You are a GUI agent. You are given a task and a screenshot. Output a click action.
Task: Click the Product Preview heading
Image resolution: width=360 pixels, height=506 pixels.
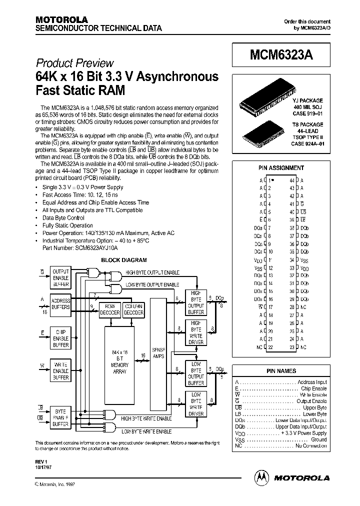[74, 63]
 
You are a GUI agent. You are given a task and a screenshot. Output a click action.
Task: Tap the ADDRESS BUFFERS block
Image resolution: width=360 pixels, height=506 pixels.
[61, 304]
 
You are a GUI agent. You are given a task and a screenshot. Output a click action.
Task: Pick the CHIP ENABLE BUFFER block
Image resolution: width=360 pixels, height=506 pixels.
[61, 338]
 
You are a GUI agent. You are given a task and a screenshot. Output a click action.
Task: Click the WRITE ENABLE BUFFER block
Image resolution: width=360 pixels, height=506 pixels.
[61, 371]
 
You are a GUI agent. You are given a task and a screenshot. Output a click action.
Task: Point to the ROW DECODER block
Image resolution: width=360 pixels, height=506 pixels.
[109, 309]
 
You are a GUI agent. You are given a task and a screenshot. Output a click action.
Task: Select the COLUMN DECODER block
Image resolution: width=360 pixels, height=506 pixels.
[134, 309]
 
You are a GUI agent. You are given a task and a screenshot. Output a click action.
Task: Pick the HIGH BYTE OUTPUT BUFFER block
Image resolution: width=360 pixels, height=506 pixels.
[196, 302]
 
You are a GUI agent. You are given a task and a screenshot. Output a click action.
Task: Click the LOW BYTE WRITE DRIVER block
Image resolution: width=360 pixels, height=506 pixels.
[196, 404]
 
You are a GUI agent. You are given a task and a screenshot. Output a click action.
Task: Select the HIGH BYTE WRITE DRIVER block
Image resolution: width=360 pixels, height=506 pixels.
[196, 333]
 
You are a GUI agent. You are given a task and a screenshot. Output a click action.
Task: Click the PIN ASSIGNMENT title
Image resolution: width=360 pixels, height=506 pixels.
[280, 168]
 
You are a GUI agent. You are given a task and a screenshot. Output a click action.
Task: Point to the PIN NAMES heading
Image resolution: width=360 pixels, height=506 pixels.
[280, 371]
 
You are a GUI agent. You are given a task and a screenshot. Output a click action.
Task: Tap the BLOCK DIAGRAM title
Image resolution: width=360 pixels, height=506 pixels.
[124, 260]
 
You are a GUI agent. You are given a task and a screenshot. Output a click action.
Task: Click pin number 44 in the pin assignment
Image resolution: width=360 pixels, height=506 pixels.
[291, 180]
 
